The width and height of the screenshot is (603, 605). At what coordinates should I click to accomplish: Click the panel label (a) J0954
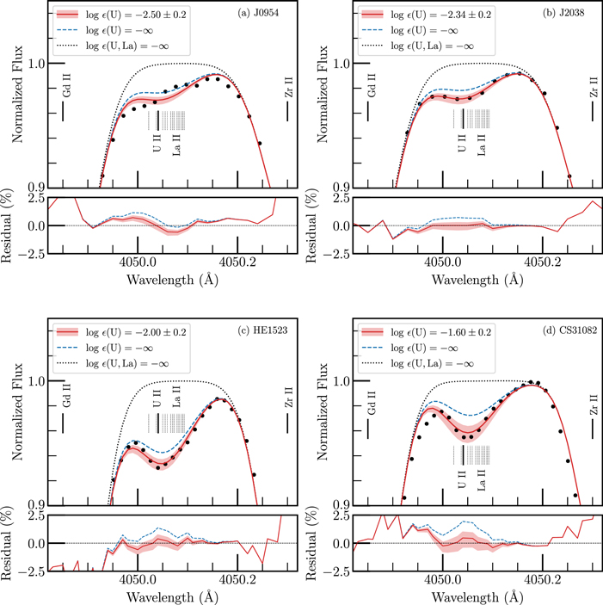(x=254, y=15)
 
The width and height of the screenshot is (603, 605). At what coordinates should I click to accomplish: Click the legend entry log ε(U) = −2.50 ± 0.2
(x=137, y=15)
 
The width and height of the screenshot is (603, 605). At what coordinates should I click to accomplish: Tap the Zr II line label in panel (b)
(x=593, y=86)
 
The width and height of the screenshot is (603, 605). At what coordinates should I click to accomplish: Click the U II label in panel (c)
(x=156, y=399)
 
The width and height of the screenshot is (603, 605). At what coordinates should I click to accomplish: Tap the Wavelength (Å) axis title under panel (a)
(x=162, y=281)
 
